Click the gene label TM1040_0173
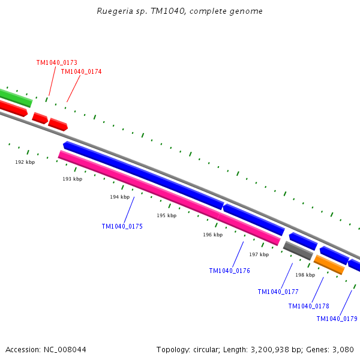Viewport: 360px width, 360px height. (x=56, y=62)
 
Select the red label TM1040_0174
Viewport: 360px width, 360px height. (x=81, y=71)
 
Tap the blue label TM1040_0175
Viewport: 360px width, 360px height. (x=122, y=226)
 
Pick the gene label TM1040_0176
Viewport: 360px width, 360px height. (x=229, y=271)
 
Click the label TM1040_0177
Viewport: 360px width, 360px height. (x=278, y=292)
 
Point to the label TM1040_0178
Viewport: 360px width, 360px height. (x=308, y=306)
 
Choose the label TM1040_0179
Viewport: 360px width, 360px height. (x=337, y=319)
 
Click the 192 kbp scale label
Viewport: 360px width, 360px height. (x=25, y=162)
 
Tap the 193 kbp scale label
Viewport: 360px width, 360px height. (x=72, y=179)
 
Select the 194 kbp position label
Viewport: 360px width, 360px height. (x=119, y=197)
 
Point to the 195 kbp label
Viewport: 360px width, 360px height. (x=166, y=215)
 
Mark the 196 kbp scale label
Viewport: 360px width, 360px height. (x=212, y=235)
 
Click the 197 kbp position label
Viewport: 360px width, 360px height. (x=259, y=254)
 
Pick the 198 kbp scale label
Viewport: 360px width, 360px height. (x=305, y=275)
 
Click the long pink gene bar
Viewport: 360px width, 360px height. (x=168, y=197)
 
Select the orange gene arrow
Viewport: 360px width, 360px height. (x=329, y=265)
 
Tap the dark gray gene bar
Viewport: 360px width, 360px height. (x=298, y=250)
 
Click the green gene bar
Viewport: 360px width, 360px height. (x=15, y=97)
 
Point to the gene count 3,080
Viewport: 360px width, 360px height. (x=343, y=349)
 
